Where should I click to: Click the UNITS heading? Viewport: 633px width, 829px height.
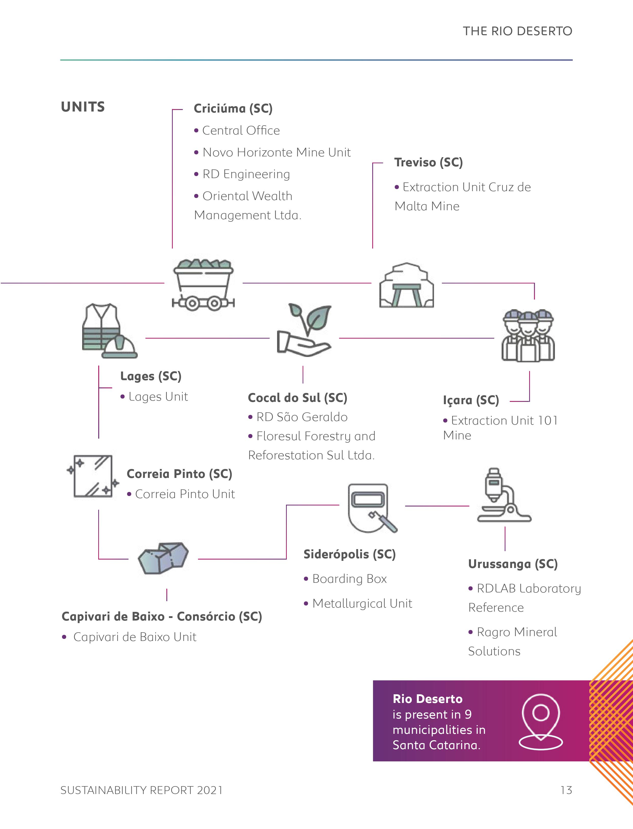pos(83,107)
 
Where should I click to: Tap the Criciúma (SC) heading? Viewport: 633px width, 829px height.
pos(233,108)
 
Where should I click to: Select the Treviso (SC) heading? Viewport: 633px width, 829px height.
pos(428,163)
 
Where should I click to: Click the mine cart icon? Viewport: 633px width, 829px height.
pos(203,284)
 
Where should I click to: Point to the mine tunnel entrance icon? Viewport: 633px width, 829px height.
pos(406,285)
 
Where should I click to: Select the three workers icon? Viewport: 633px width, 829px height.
pos(528,335)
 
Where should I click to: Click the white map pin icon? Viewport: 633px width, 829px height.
pos(541,722)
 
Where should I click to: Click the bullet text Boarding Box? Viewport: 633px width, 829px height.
pos(349,579)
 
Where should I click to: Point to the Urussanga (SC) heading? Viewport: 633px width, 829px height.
pos(512,564)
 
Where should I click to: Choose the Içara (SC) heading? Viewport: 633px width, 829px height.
pos(471,400)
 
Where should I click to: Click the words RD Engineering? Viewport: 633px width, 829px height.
pos(246,174)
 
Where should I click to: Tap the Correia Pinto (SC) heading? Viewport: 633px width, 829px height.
pos(179,474)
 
